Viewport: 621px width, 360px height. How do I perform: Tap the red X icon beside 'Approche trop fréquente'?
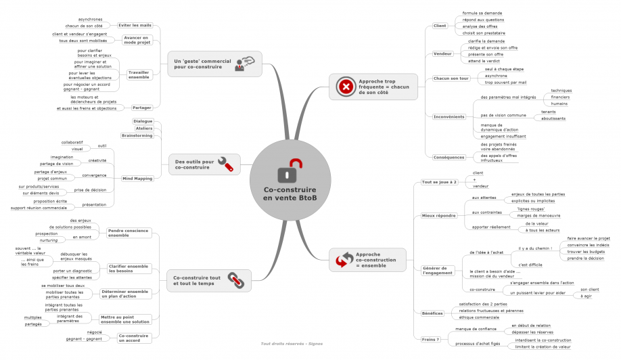point(345,87)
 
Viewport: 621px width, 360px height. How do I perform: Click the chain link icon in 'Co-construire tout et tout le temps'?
point(234,278)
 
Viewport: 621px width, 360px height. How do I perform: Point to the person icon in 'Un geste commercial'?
point(243,64)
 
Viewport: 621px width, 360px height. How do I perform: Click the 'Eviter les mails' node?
point(136,25)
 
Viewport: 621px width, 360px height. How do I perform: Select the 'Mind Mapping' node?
point(137,179)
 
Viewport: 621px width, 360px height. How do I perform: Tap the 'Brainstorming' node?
point(137,135)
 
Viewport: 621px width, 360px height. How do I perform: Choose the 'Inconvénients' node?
point(449,116)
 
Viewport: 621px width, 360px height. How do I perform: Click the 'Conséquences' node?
point(449,157)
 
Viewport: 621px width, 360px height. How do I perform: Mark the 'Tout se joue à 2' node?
point(439,182)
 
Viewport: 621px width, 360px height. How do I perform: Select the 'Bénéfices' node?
point(432,313)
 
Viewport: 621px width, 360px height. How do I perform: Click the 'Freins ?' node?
point(430,339)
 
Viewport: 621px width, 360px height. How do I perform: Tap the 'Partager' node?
point(142,108)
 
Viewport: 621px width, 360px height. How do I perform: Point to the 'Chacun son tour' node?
point(451,78)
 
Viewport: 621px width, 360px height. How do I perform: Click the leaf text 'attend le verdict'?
point(484,61)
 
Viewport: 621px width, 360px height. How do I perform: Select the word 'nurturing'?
point(49,240)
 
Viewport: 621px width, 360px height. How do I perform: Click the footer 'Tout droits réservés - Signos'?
point(292,344)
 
